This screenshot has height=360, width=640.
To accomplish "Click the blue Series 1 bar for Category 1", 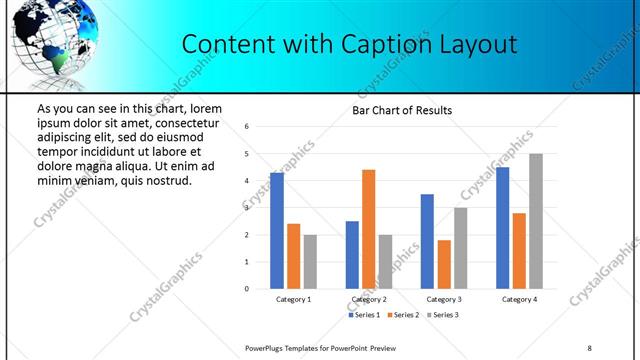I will click(277, 231).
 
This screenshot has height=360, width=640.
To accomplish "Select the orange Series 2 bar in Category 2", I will click(368, 229).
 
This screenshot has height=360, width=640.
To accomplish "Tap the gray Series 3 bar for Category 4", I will click(536, 221).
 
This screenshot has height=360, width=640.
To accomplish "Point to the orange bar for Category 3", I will click(444, 264).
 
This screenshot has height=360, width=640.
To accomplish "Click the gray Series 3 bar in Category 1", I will click(310, 261).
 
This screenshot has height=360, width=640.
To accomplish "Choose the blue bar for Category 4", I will click(502, 228).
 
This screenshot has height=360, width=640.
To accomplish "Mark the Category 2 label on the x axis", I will click(369, 299).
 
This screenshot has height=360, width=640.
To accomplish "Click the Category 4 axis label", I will click(519, 299).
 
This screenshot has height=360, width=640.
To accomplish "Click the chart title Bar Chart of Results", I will click(402, 110).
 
